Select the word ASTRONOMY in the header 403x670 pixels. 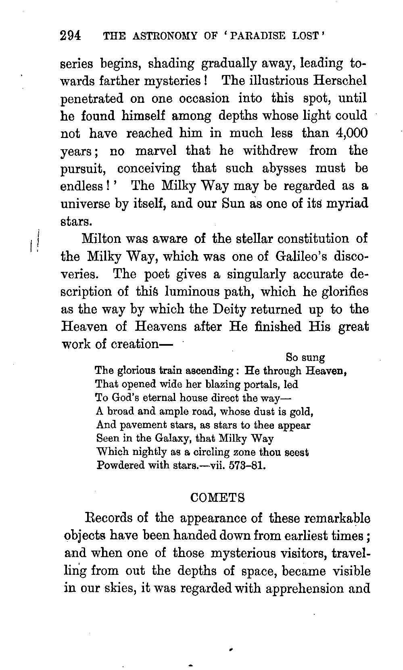coord(168,36)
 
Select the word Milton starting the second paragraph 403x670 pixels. coord(101,239)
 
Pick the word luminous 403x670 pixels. coord(191,292)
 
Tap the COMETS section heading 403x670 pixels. coord(217,498)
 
